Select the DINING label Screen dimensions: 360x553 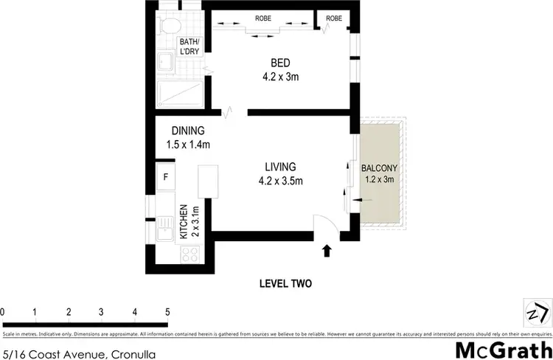(188, 131)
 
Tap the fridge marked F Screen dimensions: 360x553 (166, 177)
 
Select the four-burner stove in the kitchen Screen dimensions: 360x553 (189, 253)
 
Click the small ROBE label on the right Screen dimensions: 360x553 (333, 18)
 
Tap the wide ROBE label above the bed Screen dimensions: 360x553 (263, 18)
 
